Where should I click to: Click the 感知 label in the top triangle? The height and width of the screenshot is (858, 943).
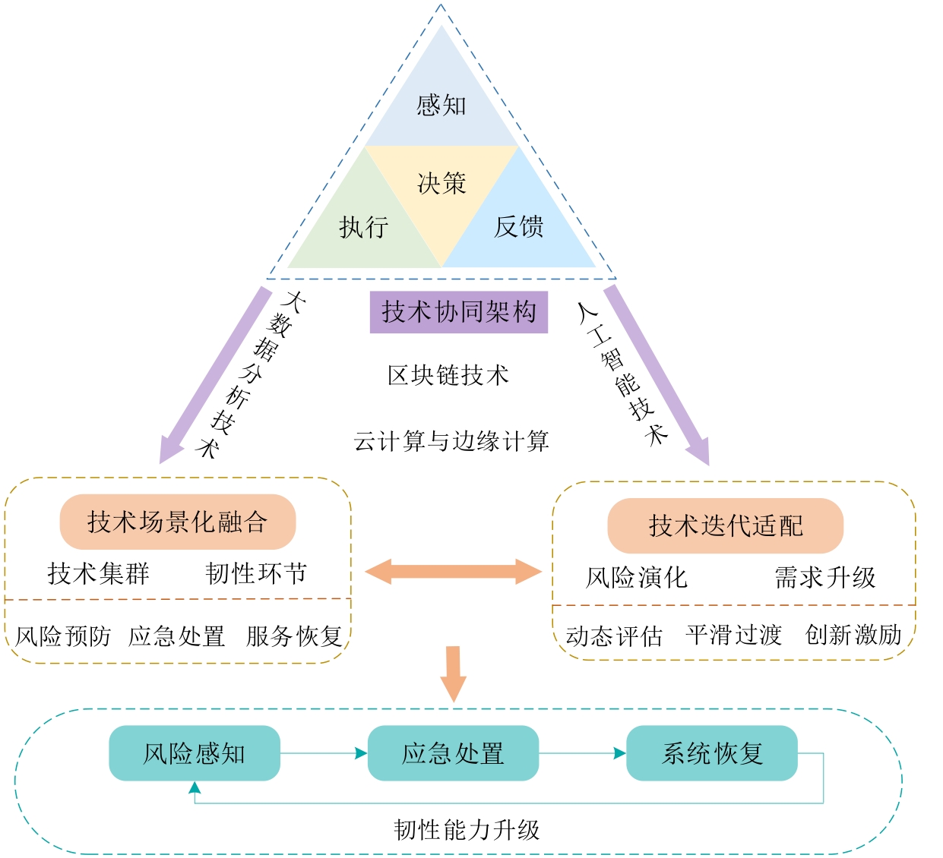(441, 105)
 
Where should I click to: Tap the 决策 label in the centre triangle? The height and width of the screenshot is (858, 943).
(441, 183)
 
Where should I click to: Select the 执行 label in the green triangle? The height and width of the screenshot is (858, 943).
(363, 226)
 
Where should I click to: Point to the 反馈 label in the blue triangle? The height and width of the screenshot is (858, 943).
(518, 226)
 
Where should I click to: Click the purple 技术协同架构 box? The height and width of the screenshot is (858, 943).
(459, 312)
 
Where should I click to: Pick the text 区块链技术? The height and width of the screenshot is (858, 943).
(448, 375)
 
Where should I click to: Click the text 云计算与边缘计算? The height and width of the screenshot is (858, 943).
(451, 441)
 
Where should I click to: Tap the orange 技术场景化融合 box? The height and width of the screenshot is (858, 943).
(178, 522)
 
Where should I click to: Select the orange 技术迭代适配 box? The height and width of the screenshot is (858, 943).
(726, 525)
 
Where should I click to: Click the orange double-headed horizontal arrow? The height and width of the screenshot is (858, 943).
(453, 571)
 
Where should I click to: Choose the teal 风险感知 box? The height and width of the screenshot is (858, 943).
(195, 753)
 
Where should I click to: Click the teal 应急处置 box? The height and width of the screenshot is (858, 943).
(453, 753)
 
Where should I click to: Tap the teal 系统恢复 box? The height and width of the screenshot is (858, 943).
(712, 753)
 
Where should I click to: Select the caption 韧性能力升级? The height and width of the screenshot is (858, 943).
(467, 829)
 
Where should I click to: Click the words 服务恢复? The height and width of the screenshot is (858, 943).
(294, 636)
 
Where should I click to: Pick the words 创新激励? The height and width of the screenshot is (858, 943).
(853, 634)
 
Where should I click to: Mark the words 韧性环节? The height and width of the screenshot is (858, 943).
(256, 573)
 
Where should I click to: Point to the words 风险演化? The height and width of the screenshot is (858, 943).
(637, 577)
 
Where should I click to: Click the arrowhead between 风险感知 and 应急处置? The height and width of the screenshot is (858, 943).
(361, 753)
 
